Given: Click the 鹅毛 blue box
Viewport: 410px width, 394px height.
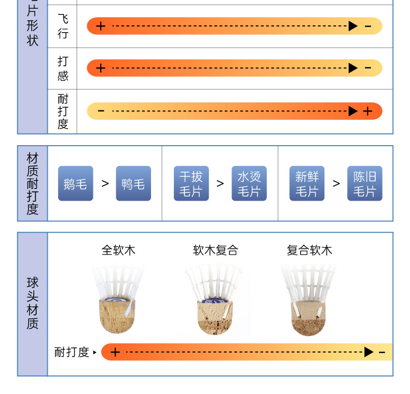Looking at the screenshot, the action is click(x=76, y=184).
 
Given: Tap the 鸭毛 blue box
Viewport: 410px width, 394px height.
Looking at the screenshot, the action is click(x=133, y=184).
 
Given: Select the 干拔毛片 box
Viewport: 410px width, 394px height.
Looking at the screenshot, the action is click(x=191, y=184).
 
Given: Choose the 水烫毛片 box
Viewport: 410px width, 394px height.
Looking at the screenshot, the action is click(x=249, y=184).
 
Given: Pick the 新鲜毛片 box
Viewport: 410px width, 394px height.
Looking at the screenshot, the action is click(x=307, y=184).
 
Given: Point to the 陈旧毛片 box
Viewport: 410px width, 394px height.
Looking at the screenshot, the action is click(x=365, y=184).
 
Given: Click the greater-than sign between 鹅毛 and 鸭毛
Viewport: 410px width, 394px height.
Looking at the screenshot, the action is click(x=105, y=184).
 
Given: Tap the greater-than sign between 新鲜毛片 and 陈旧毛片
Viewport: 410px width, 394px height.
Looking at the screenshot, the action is click(x=336, y=184).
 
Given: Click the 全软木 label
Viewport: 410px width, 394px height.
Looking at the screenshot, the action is click(x=118, y=250).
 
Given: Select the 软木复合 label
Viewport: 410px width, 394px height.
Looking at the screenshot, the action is click(x=215, y=250).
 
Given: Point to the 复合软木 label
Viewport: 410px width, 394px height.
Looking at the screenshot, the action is click(x=309, y=250).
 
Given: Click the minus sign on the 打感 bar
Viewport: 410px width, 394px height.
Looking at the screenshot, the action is click(x=368, y=68).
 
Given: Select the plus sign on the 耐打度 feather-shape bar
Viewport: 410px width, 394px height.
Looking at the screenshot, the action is click(x=368, y=111).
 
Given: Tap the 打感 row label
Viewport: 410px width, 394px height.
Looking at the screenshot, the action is click(x=63, y=68).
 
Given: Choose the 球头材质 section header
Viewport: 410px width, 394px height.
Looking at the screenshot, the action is click(x=33, y=304).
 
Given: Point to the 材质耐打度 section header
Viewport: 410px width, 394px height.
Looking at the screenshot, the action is click(x=33, y=184).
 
